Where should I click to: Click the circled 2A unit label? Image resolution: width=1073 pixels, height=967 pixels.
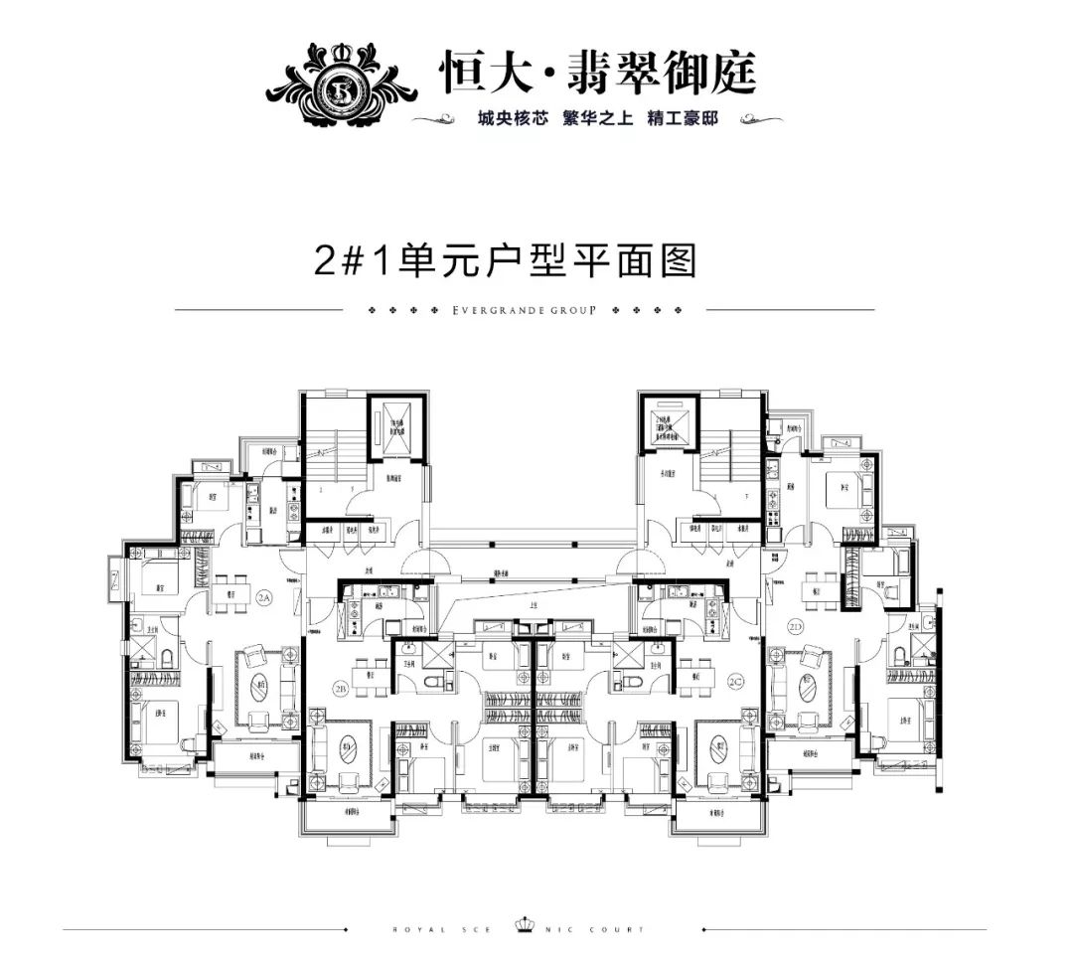point(263,597)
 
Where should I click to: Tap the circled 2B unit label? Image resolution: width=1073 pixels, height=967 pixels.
point(341,688)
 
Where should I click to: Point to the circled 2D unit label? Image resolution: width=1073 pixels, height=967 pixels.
point(796,628)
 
